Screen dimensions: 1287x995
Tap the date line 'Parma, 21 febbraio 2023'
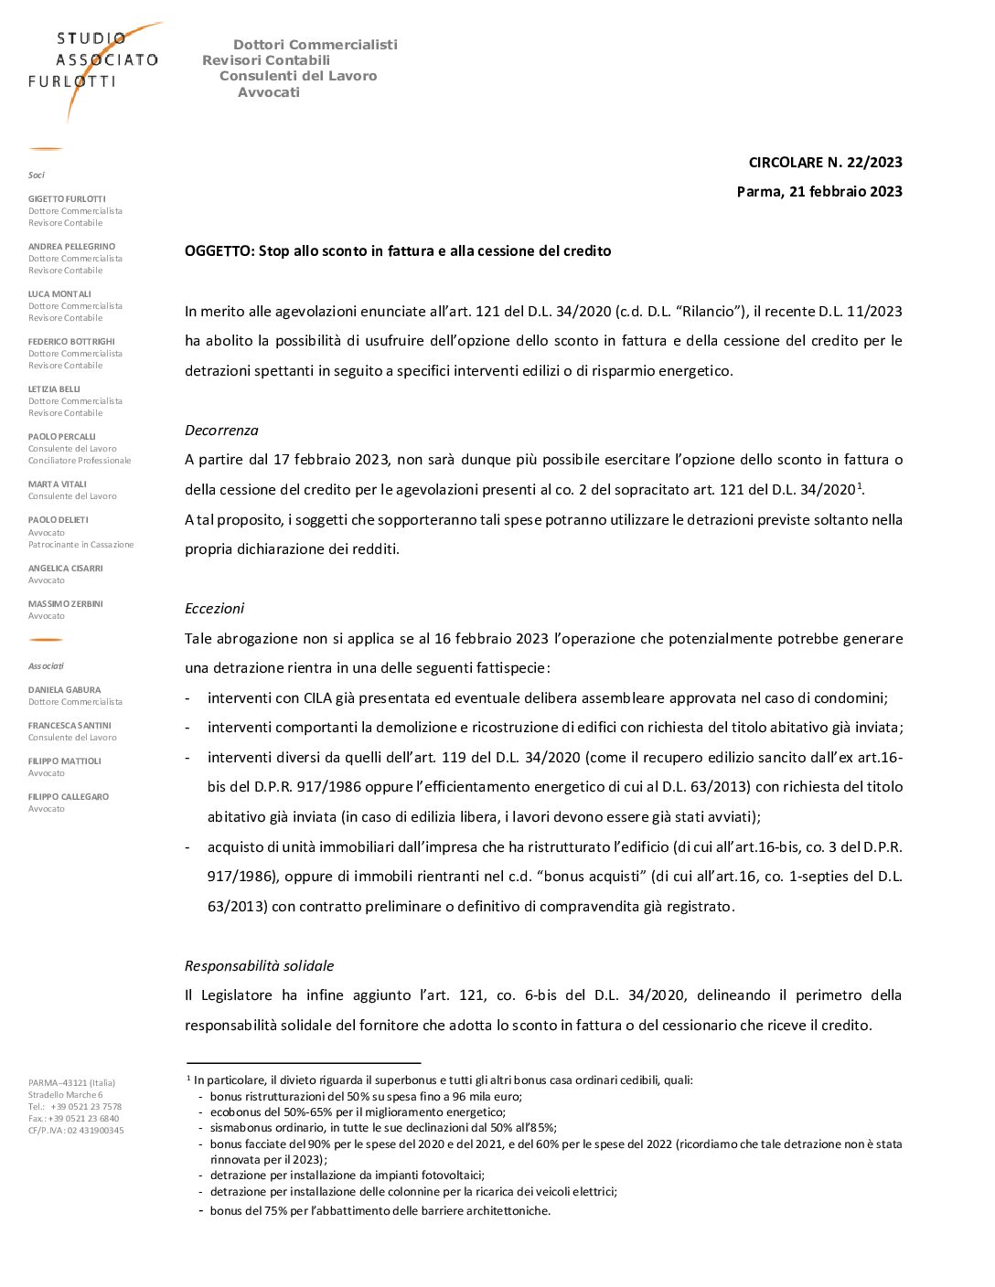[819, 192]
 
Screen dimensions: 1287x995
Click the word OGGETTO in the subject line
[219, 251]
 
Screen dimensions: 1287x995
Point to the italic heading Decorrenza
[221, 431]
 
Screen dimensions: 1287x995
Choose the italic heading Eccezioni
[214, 609]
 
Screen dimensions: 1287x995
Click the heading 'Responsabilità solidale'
[259, 966]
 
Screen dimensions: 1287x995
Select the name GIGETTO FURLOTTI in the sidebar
[67, 199]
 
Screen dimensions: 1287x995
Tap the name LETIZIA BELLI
[54, 389]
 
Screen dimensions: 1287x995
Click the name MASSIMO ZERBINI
[65, 604]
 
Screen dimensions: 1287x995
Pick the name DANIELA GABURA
[64, 690]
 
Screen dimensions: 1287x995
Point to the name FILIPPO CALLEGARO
[69, 797]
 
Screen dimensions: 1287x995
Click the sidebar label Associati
[46, 666]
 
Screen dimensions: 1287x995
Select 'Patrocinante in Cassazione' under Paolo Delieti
[80, 545]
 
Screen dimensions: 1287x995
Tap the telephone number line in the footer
[75, 1107]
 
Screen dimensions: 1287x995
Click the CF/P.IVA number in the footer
[76, 1131]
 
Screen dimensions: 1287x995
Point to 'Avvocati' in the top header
[269, 92]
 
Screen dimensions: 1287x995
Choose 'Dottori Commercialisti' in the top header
[316, 45]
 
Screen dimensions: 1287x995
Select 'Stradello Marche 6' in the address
[65, 1095]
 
